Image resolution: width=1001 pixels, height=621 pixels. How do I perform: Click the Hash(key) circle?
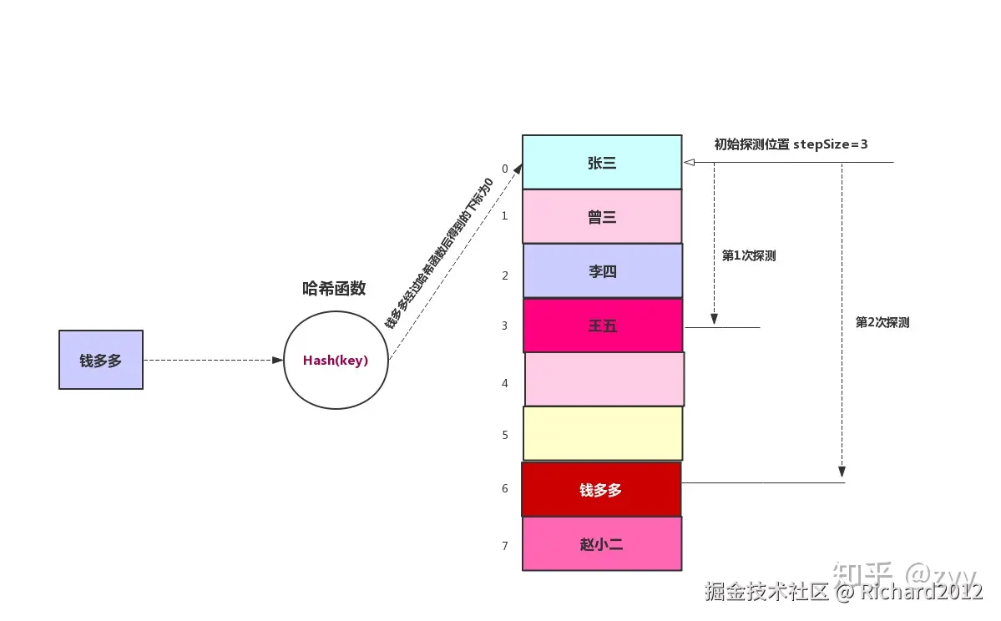(336, 361)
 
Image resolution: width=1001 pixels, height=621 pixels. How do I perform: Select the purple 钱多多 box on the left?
(101, 360)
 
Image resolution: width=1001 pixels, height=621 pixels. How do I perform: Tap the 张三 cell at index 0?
(602, 162)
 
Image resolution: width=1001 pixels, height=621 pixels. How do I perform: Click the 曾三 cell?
(602, 216)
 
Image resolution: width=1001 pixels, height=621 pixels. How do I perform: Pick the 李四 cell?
(603, 270)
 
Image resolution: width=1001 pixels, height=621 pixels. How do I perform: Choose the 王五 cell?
(603, 326)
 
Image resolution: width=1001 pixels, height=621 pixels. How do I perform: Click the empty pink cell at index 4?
(604, 379)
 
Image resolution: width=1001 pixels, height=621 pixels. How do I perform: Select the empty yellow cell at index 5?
(603, 433)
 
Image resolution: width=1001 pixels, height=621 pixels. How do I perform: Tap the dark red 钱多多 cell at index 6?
(601, 490)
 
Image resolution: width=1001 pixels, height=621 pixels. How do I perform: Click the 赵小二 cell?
(602, 544)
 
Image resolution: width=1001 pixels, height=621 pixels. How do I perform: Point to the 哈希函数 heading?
(334, 289)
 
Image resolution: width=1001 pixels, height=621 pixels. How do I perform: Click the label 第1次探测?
(749, 256)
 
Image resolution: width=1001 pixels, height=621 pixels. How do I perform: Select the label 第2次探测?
(882, 322)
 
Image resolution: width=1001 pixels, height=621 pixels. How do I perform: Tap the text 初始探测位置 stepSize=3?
(791, 144)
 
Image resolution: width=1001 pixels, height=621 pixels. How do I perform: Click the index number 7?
(505, 546)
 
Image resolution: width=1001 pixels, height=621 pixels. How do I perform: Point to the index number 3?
(505, 326)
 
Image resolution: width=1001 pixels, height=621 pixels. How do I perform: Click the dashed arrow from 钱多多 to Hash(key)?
(213, 361)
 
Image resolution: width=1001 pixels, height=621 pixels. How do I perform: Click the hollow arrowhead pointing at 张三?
(689, 162)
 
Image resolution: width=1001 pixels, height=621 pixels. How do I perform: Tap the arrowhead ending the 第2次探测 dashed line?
(842, 472)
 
